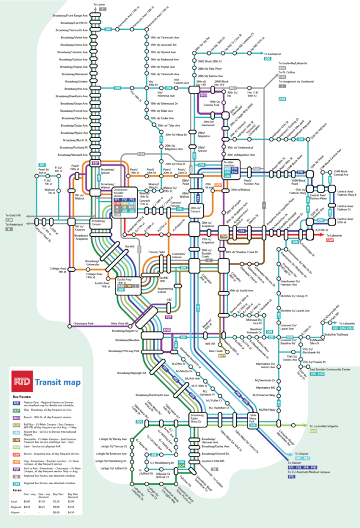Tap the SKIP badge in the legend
click(x=16, y=410)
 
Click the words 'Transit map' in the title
click(x=57, y=382)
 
